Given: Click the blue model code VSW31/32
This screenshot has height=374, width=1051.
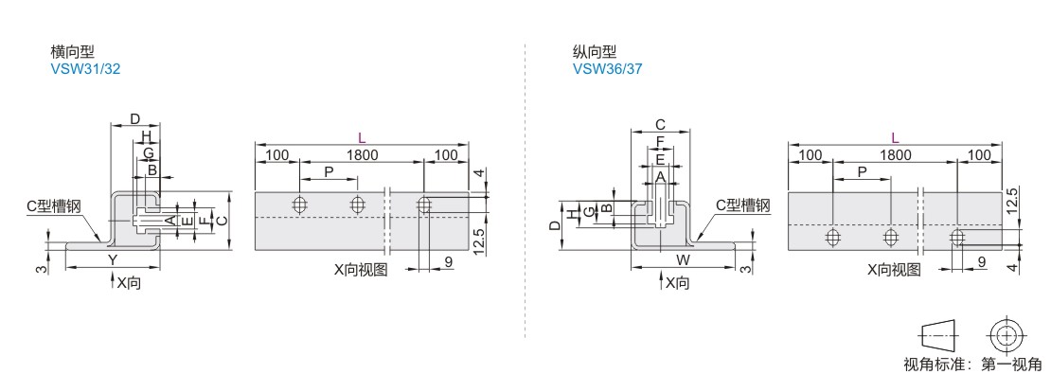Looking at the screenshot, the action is click(x=85, y=68).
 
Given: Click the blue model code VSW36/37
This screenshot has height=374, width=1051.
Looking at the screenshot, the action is click(x=607, y=68).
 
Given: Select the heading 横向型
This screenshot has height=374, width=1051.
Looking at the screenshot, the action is click(x=72, y=52).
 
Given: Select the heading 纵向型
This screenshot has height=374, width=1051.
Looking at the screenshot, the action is click(x=595, y=52).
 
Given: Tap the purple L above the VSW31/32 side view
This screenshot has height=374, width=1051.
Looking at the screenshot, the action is click(x=362, y=138).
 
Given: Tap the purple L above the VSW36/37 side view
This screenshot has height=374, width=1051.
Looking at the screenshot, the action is click(x=895, y=138).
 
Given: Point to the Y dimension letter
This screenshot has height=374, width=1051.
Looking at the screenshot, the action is click(x=113, y=258).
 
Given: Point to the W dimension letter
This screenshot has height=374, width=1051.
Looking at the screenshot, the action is click(x=683, y=258).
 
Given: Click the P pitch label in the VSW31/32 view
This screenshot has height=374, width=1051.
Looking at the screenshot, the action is click(x=329, y=171).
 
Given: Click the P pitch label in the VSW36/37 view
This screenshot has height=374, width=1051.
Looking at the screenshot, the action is click(x=862, y=171).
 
